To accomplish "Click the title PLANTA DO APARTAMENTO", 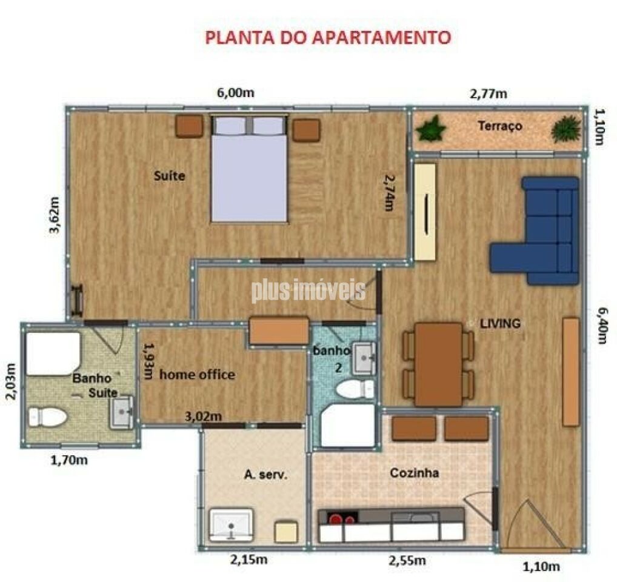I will pos(328,37).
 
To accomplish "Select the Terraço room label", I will pos(499,126).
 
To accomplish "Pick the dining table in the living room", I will pos(438,364).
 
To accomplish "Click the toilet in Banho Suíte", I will pos(47,416).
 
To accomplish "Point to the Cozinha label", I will pos(414,473).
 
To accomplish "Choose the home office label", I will pos(197,375).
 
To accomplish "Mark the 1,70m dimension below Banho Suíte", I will pos(68,460).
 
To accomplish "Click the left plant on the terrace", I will pos(432,129).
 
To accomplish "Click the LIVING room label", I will pos(500,324).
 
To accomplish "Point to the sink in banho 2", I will pos(364,358).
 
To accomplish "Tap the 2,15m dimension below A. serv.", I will pos(248,560).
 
